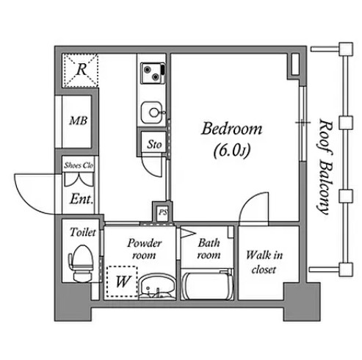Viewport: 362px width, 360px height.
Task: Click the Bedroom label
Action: click(x=231, y=129)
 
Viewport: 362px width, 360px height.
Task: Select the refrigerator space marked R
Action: click(x=81, y=71)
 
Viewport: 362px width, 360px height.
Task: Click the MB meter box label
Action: click(x=78, y=120)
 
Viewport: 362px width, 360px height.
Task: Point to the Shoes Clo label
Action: click(x=79, y=165)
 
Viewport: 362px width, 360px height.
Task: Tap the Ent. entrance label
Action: click(x=82, y=199)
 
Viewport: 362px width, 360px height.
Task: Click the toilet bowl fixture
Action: click(x=82, y=263)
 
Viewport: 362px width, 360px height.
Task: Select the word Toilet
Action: click(x=83, y=232)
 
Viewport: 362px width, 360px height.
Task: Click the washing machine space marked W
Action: click(x=122, y=281)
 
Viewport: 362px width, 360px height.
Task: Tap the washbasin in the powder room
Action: click(x=157, y=287)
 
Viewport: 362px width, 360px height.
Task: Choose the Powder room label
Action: click(x=145, y=249)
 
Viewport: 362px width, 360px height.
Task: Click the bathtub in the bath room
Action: click(x=207, y=284)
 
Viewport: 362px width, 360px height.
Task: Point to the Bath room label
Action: click(x=209, y=249)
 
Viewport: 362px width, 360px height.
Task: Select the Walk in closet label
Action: click(x=264, y=262)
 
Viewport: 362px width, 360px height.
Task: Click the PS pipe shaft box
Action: click(x=162, y=212)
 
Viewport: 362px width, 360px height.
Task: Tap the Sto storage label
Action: click(x=154, y=144)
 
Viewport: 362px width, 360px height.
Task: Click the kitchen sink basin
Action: click(x=152, y=112)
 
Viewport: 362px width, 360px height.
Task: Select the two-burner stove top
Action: click(x=153, y=73)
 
